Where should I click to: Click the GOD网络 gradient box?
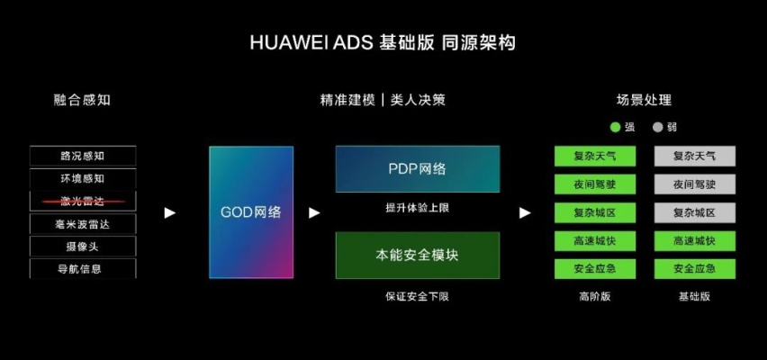click(x=251, y=212)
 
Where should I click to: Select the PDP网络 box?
click(x=418, y=169)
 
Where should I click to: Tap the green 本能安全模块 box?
click(x=418, y=256)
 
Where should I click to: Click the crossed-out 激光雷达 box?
click(x=83, y=201)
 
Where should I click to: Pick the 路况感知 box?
click(x=83, y=156)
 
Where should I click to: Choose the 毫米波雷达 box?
click(x=83, y=224)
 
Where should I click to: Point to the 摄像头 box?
click(x=83, y=247)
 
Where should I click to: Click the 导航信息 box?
click(x=83, y=268)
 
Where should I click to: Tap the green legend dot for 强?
click(x=616, y=127)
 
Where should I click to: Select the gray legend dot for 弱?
click(x=658, y=127)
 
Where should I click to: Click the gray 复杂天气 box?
click(x=695, y=156)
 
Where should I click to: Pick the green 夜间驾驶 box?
click(x=595, y=184)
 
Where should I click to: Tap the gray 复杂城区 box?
click(x=695, y=212)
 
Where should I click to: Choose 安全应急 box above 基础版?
click(x=695, y=269)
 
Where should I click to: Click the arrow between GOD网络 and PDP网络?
click(x=314, y=212)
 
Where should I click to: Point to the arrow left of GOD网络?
click(x=170, y=212)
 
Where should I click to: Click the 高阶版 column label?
click(x=595, y=296)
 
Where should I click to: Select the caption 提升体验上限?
click(x=417, y=208)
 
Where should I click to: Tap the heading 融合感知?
click(x=82, y=100)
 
